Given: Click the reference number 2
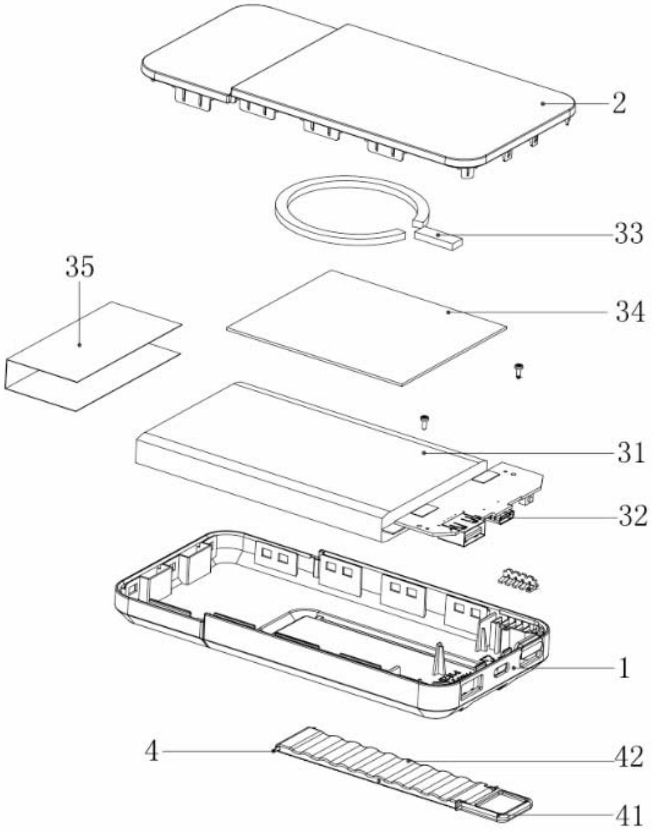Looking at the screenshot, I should pyautogui.click(x=619, y=103).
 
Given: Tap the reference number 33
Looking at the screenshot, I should pyautogui.click(x=628, y=233).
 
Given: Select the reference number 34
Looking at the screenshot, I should pyautogui.click(x=629, y=312).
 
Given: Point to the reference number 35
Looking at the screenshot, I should pyautogui.click(x=80, y=267).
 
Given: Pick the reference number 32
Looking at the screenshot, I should pyautogui.click(x=633, y=516).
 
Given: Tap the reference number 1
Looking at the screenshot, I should pyautogui.click(x=624, y=669).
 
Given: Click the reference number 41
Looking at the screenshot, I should pyautogui.click(x=628, y=814).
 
